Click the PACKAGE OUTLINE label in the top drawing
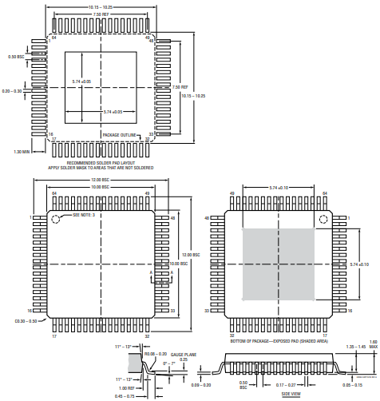(x=119, y=135)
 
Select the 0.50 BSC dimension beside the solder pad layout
(x=15, y=57)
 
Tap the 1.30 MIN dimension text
(x=21, y=150)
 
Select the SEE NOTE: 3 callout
(x=84, y=216)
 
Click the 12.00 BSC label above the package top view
(x=100, y=180)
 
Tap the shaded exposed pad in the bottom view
(x=278, y=264)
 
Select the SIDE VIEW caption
(x=291, y=394)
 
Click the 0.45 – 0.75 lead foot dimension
(x=125, y=396)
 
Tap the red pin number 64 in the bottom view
(x=325, y=193)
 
